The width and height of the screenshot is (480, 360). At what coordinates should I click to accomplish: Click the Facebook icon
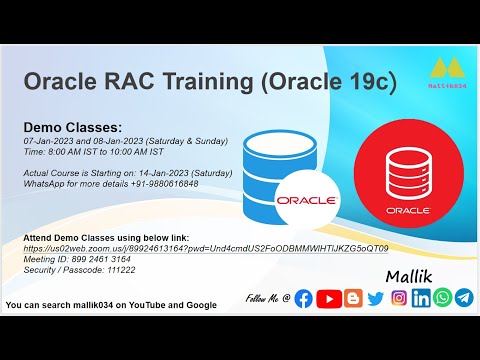pos(304,298)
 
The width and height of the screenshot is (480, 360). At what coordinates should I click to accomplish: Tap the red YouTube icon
pos(329,298)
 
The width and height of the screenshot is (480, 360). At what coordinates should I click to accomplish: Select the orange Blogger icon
pos(353,298)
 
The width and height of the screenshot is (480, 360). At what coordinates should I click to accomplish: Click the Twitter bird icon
pos(376,298)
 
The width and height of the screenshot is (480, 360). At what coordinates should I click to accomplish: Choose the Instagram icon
pos(399,298)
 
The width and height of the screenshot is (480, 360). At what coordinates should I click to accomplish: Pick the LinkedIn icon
pos(421,298)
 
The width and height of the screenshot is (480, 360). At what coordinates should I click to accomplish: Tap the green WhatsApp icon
pos(442,298)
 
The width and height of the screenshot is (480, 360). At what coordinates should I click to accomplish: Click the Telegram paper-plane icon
pos(463,298)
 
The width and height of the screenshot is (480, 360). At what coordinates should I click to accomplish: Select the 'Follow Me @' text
pos(267,299)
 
